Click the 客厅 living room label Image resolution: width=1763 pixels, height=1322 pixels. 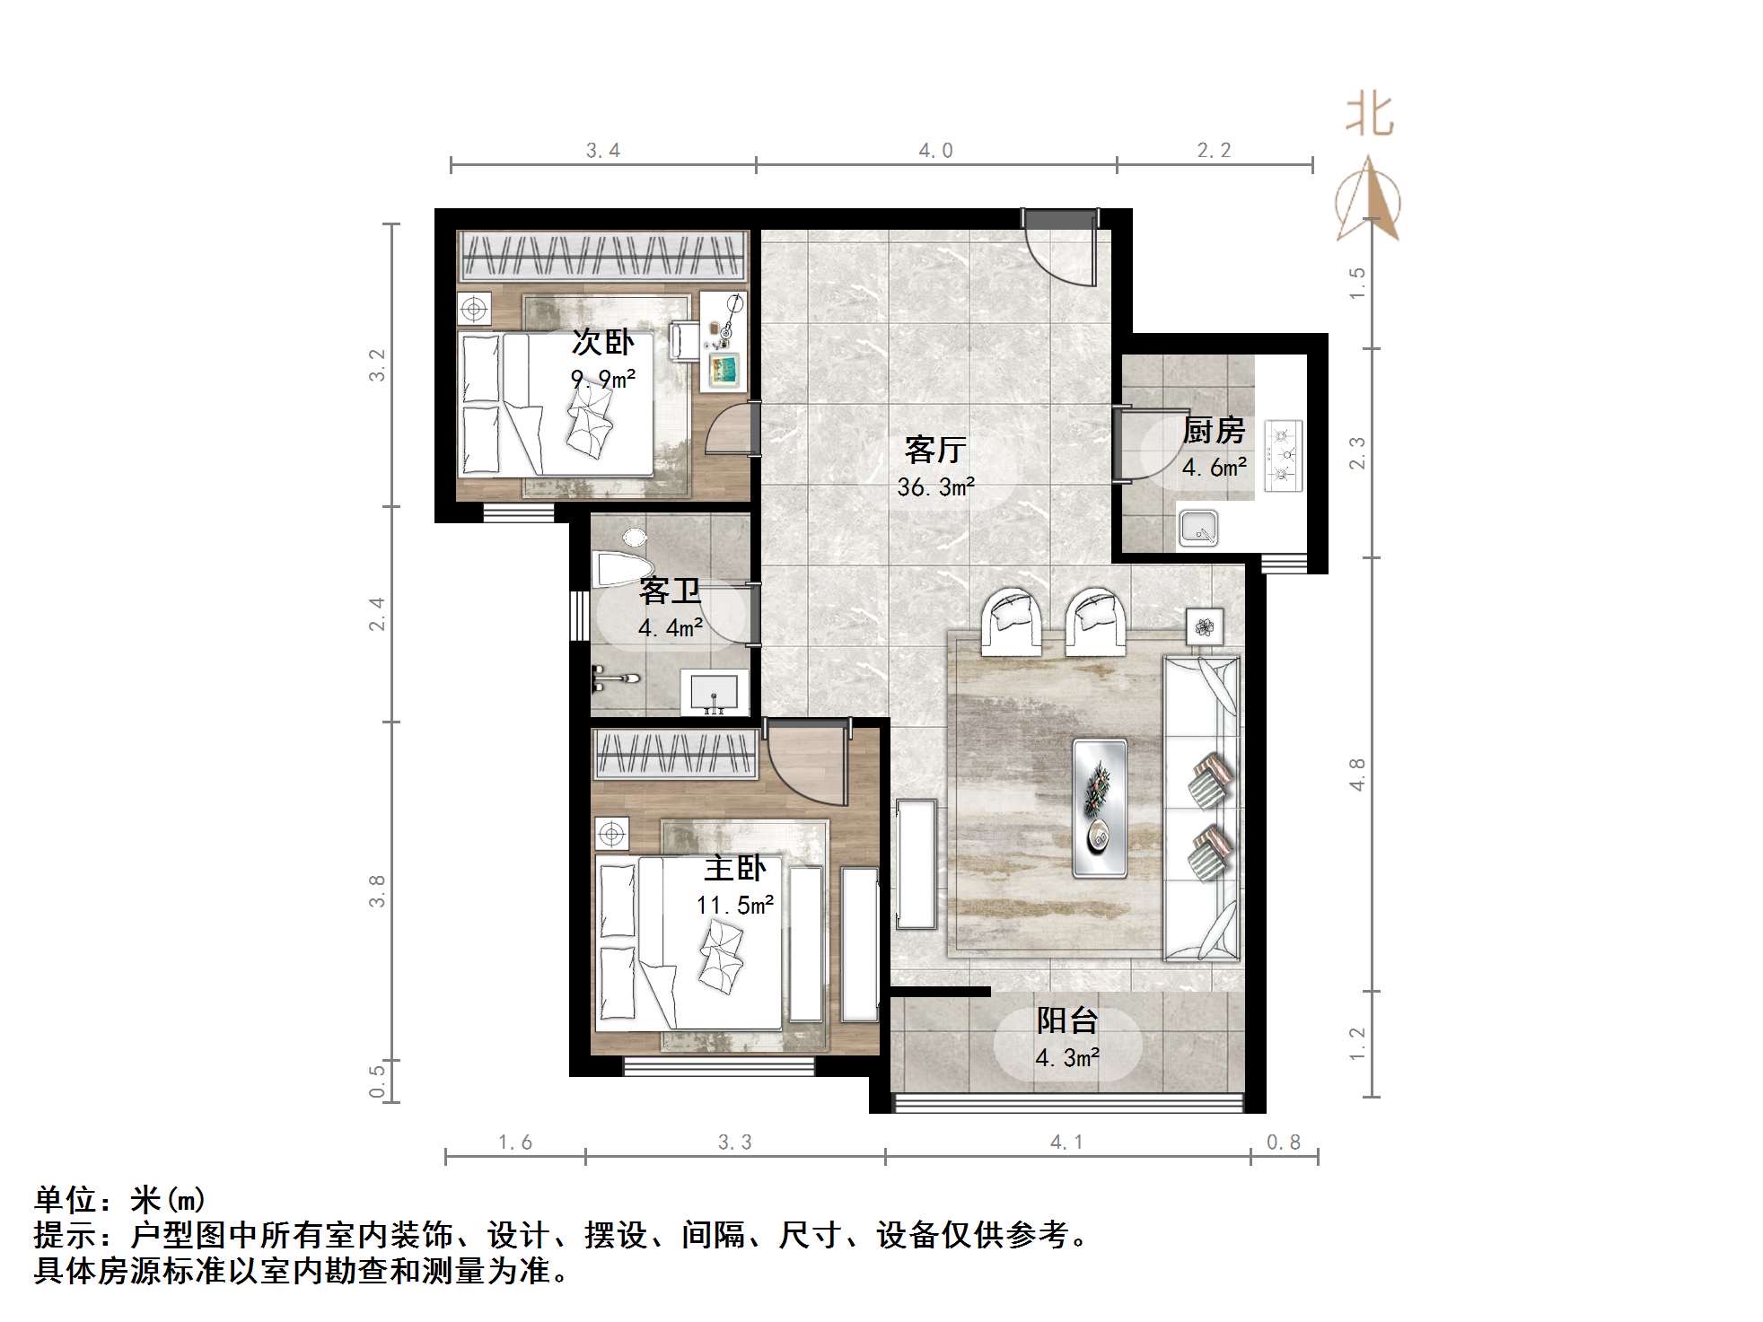(x=934, y=450)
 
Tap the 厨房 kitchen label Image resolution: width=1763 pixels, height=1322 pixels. (x=1214, y=431)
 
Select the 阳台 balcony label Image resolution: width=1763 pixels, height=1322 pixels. (x=1067, y=1020)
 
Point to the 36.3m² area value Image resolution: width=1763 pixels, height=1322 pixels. (x=935, y=487)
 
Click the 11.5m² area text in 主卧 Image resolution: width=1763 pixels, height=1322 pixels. (x=734, y=905)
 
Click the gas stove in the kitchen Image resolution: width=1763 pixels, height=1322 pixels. (x=1282, y=455)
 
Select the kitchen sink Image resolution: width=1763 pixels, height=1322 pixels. (x=1198, y=528)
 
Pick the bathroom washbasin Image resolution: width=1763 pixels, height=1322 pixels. (x=715, y=693)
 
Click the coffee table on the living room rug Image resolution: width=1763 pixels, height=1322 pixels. (x=1100, y=807)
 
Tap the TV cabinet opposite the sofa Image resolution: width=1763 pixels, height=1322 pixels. (x=916, y=863)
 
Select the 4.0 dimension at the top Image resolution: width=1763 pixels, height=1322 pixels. (x=935, y=151)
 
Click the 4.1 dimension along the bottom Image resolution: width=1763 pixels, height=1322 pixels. (x=1066, y=1143)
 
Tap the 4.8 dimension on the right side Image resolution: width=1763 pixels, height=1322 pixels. (x=1357, y=775)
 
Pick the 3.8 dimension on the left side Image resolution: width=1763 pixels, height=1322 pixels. (x=377, y=890)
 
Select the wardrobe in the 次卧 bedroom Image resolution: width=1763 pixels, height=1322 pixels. (x=602, y=256)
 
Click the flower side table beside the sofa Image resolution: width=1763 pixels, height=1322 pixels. (x=1204, y=626)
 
